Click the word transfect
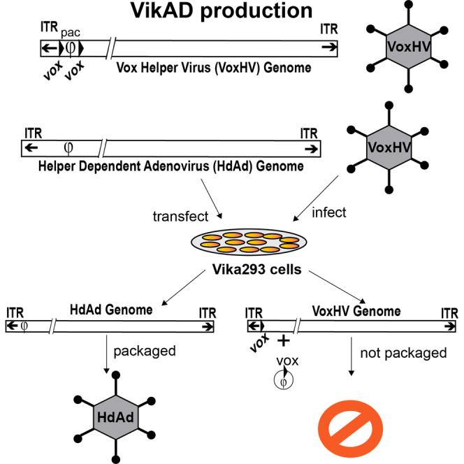(x=175, y=217)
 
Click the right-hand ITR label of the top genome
(x=328, y=29)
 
